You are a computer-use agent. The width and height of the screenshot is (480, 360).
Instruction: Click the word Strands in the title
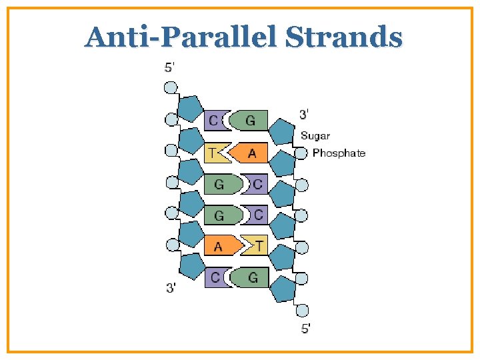344,37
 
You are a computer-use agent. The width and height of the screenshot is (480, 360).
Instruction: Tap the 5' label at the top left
171,67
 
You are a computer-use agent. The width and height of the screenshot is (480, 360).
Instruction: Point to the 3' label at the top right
303,114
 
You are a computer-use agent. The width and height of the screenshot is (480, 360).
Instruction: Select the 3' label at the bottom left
171,288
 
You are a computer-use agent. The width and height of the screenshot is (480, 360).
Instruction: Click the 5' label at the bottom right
305,327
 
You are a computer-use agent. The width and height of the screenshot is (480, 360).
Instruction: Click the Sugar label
315,136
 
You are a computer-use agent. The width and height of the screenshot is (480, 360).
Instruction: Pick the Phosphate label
339,153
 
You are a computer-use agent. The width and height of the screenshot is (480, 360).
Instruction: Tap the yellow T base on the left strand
215,153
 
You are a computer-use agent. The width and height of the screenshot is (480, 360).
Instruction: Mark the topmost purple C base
214,121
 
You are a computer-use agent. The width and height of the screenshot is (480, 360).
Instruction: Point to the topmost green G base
249,121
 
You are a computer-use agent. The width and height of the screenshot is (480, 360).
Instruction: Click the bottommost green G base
250,277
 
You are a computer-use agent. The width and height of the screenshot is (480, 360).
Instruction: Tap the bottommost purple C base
215,277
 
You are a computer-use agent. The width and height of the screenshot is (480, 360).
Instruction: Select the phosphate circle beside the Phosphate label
302,153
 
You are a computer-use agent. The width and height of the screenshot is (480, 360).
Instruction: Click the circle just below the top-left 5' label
171,87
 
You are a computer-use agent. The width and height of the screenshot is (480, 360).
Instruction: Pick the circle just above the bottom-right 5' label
302,310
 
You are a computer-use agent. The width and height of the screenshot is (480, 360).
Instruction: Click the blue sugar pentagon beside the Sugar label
281,133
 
